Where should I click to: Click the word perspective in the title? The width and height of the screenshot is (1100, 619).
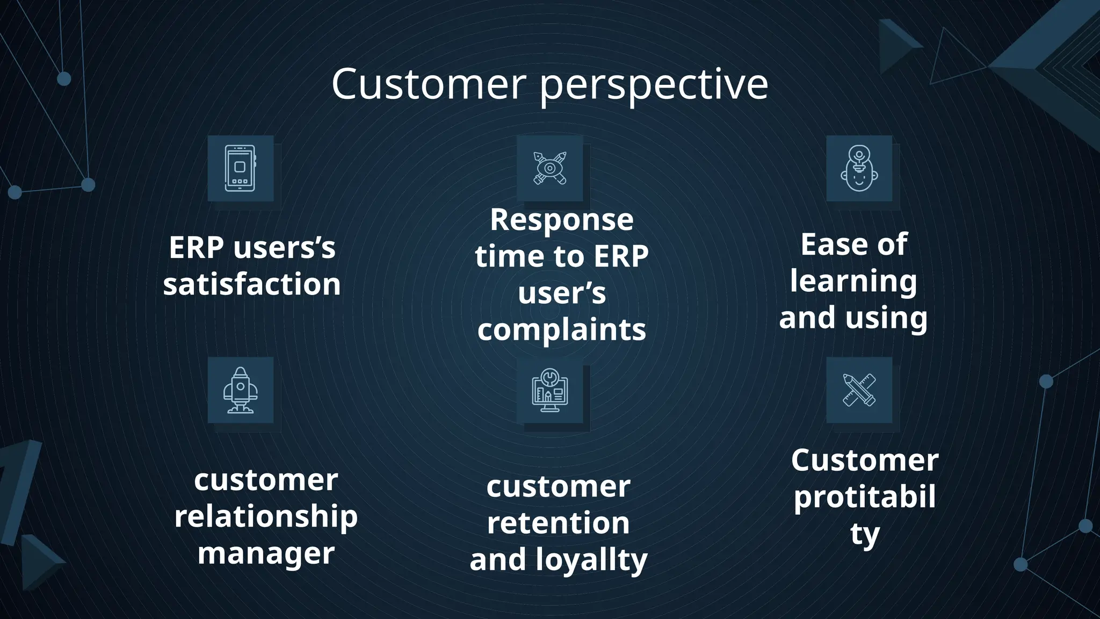coord(654,86)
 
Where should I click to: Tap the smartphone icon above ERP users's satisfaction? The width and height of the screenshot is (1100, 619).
coord(240,169)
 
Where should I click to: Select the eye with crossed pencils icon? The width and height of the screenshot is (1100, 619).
coord(549,168)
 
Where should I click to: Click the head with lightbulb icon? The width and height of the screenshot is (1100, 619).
coord(859,169)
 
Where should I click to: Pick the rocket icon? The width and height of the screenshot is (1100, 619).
coord(240,390)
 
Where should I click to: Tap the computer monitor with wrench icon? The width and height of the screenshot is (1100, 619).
coord(549,390)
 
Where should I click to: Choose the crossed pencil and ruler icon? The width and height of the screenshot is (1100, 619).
coord(859,390)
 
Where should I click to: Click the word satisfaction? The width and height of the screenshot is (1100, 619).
coord(252,284)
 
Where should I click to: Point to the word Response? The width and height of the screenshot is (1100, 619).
coord(562,220)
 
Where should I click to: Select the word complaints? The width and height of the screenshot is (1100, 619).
coord(562,329)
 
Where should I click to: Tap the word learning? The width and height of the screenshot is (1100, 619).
coord(853,282)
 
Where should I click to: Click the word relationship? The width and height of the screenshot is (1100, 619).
coord(266,517)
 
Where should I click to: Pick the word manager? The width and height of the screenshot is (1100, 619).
coord(266,553)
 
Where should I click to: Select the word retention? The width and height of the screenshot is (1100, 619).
coord(559,523)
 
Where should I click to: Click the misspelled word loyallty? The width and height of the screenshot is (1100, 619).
coord(591,560)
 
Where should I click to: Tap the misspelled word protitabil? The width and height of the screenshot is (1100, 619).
coord(865,497)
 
